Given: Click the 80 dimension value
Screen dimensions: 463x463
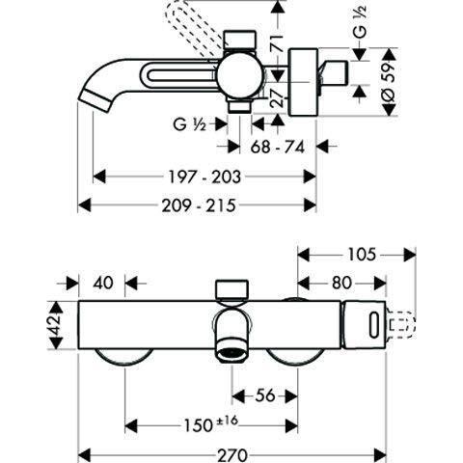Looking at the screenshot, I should point(340,284).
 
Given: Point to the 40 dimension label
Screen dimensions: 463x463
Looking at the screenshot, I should point(105,283).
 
